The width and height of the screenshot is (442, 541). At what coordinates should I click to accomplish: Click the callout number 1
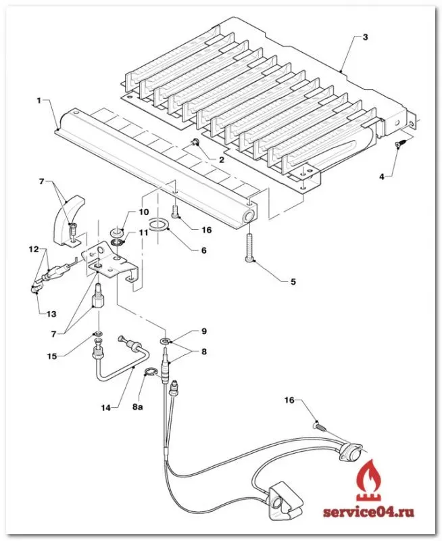[39, 100]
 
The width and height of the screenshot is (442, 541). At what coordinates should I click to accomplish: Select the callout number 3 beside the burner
[365, 37]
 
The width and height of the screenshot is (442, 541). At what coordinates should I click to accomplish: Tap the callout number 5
[293, 282]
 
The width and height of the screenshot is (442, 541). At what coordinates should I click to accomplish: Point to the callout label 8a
[138, 407]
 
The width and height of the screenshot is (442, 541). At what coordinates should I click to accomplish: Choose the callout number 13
[51, 314]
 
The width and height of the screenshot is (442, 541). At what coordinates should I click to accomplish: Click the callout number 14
[106, 408]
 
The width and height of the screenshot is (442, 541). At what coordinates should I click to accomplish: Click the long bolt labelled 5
[249, 248]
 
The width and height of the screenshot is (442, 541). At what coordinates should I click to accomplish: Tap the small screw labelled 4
[400, 143]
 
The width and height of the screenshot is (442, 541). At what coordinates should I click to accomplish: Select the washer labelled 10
[116, 231]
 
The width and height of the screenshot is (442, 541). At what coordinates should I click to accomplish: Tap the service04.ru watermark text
[368, 512]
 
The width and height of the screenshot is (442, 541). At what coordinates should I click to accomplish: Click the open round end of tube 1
[248, 217]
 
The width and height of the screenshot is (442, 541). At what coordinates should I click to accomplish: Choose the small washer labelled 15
[98, 334]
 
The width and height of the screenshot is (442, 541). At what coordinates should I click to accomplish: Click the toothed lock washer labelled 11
[117, 241]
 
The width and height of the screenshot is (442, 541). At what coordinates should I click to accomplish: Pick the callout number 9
[204, 331]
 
